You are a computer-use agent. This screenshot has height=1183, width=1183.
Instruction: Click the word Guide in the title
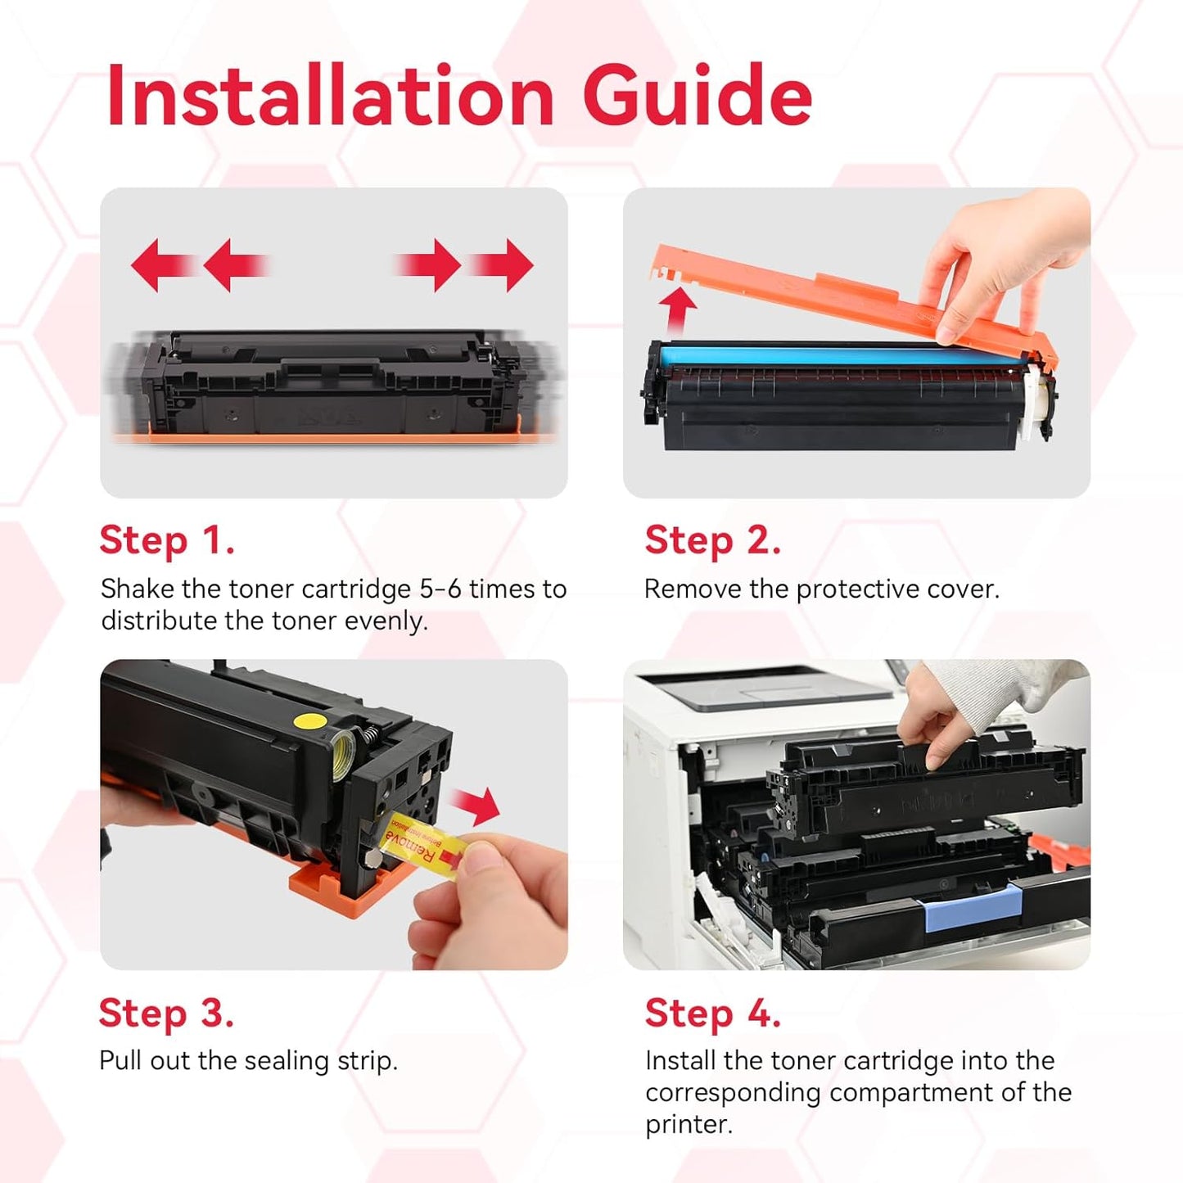coord(697,97)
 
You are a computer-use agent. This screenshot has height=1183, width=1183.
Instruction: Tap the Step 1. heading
coord(167,541)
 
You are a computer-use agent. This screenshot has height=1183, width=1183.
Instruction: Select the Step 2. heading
coord(712,541)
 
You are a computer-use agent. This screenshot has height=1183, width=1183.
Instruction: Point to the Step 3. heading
coord(166,1014)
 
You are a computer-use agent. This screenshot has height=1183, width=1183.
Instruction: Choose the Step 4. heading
coord(712,1014)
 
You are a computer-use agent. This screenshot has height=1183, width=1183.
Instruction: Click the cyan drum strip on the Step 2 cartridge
coord(819,356)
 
